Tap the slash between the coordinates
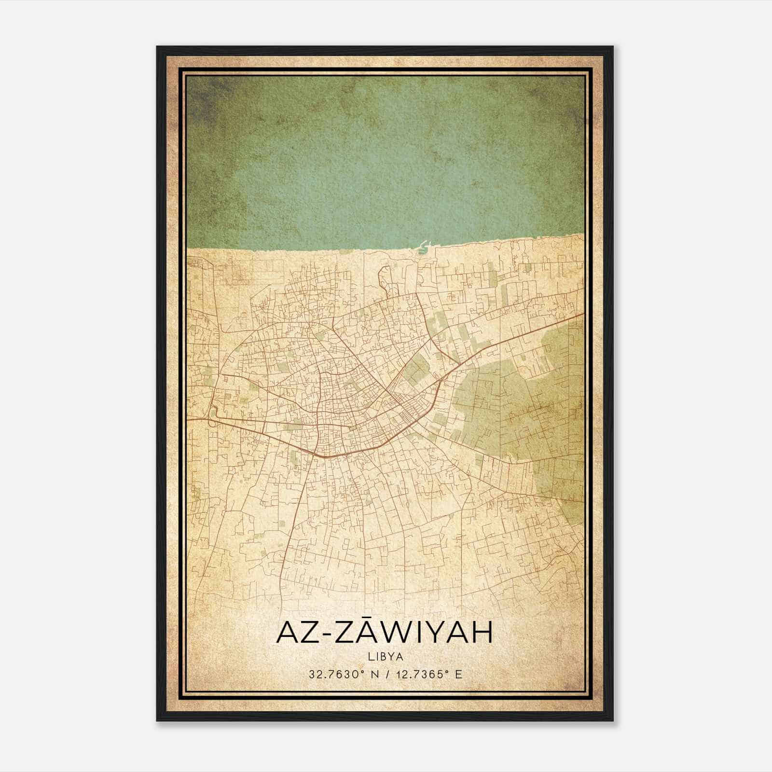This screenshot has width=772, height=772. click(388, 674)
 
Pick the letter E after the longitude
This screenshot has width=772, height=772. click(458, 674)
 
